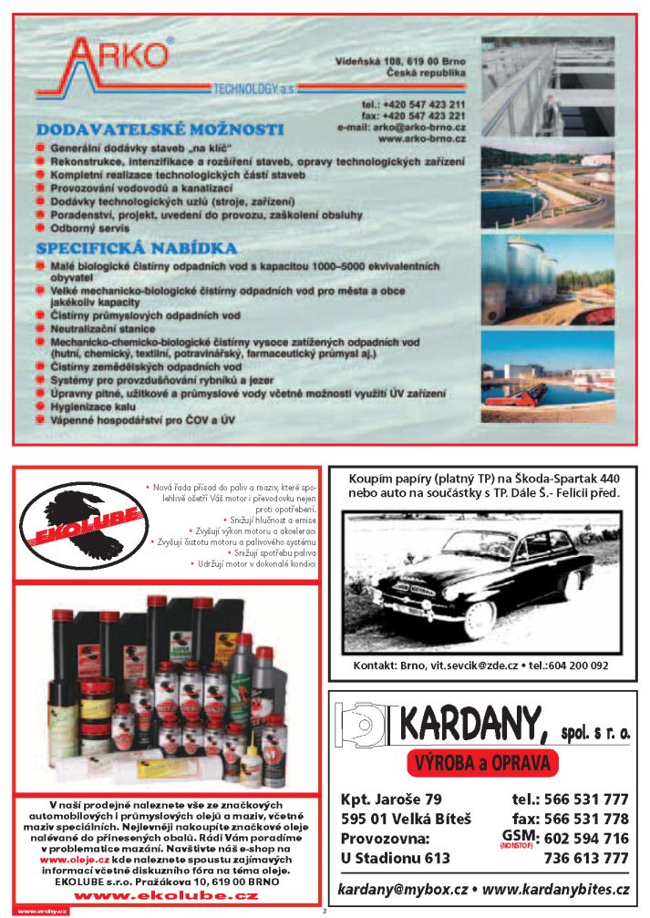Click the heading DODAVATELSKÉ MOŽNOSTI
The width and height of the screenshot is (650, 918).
(x=160, y=129)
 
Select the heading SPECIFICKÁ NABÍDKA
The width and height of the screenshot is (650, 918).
(x=137, y=248)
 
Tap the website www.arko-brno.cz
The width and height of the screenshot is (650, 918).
(x=421, y=139)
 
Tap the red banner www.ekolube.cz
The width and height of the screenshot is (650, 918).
(x=165, y=896)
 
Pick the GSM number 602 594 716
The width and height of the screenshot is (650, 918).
(x=585, y=839)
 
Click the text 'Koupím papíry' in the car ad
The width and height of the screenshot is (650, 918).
(x=387, y=479)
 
